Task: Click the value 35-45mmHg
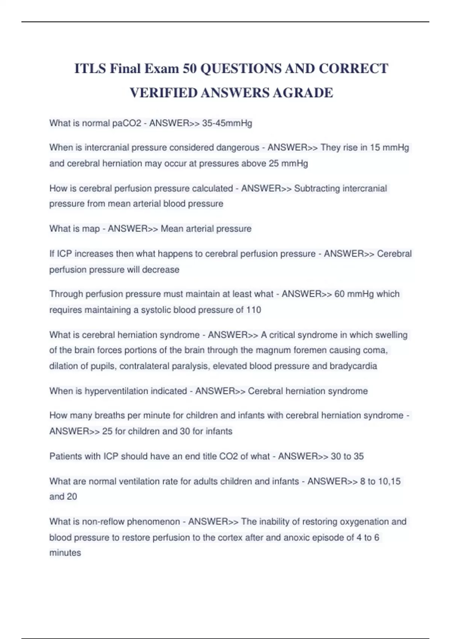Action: click(x=227, y=123)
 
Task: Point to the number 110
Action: click(x=254, y=310)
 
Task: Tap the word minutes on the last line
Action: click(x=65, y=553)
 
